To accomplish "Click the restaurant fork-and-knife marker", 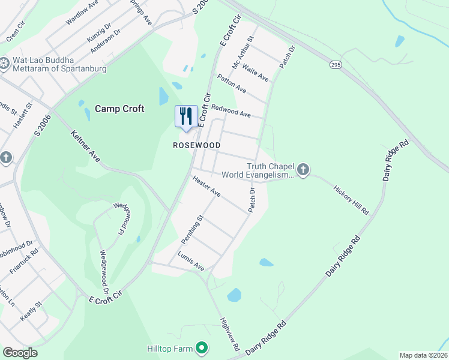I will (186, 116).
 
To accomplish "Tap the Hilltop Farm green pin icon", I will (202, 348).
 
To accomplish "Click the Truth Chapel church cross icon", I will (303, 170).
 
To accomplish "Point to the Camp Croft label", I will (119, 109).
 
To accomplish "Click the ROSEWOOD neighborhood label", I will (197, 146).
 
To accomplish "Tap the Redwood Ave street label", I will (231, 110).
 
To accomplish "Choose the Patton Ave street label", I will (232, 83).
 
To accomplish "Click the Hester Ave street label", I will (206, 185).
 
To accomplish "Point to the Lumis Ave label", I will (191, 260).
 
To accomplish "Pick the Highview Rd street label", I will (230, 334).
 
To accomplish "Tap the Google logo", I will (20, 353).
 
